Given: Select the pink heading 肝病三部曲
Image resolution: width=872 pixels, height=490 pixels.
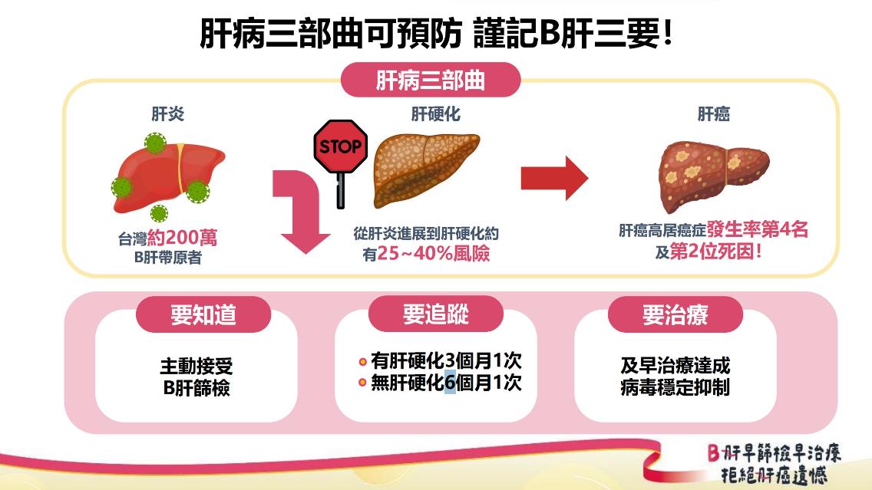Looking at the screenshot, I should pyautogui.click(x=430, y=81).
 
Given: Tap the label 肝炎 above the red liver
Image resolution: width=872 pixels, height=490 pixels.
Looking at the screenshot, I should pyautogui.click(x=167, y=114).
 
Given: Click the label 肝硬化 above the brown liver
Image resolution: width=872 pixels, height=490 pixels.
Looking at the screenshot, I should pyautogui.click(x=435, y=114).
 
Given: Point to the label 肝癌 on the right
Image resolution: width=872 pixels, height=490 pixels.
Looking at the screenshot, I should pyautogui.click(x=713, y=114).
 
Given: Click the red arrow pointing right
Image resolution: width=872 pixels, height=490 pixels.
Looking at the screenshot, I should pyautogui.click(x=554, y=178).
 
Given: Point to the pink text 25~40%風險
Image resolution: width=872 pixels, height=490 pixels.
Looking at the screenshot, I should pyautogui.click(x=433, y=254).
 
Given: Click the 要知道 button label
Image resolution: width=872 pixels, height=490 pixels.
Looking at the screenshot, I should pyautogui.click(x=203, y=314).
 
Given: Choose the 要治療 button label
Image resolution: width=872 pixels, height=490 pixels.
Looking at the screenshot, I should pyautogui.click(x=675, y=314).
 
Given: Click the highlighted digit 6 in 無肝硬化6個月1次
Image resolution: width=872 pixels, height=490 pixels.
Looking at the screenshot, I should pyautogui.click(x=450, y=382).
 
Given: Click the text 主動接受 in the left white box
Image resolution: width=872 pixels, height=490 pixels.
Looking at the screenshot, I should pyautogui.click(x=196, y=366).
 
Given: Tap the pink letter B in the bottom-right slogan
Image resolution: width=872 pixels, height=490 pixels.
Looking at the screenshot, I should pyautogui.click(x=713, y=452).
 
